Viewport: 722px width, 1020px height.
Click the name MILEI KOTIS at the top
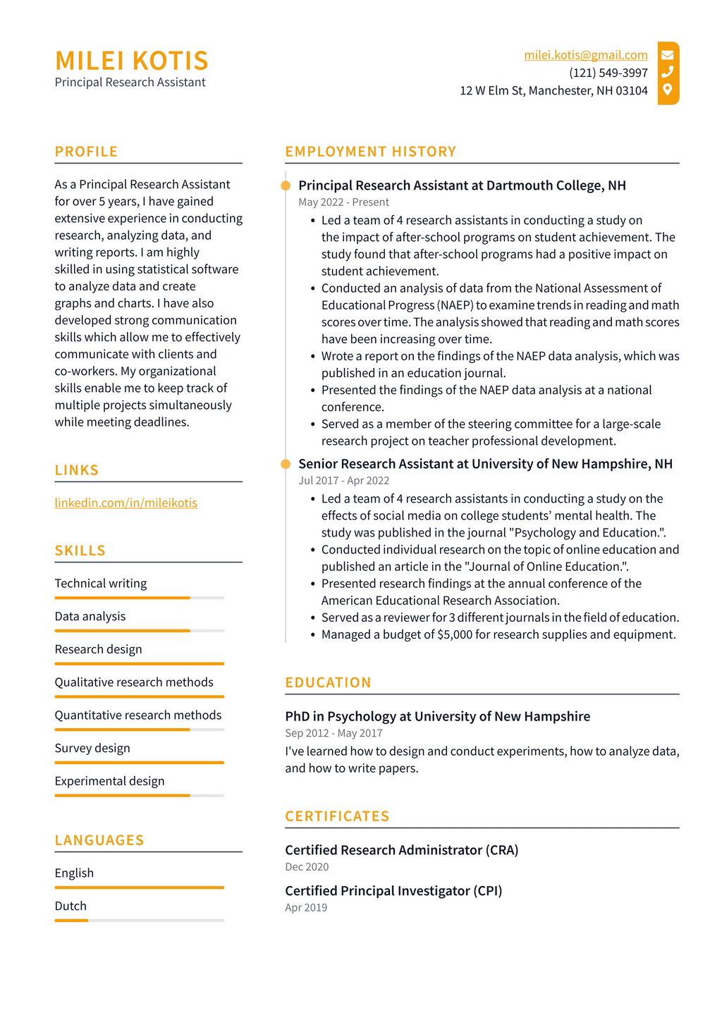pos(131,61)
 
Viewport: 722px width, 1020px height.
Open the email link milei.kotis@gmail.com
pos(585,55)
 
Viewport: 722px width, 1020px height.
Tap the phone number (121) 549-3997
pos(608,73)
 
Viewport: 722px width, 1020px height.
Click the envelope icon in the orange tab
pos(667,54)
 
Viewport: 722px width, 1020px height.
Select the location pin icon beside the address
pos(667,90)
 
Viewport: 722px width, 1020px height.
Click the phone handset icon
pos(667,72)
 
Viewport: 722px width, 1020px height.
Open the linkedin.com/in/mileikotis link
pos(126,503)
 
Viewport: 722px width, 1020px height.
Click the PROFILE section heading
pos(86,152)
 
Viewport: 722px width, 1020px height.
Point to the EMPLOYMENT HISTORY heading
pos(370,152)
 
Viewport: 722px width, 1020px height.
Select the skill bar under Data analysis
pos(139,631)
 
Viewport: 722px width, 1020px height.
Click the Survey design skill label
pos(92,748)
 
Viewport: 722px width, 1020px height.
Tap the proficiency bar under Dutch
pos(139,921)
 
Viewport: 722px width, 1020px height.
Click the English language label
pos(74,873)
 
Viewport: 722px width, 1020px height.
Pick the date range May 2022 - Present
pos(343,202)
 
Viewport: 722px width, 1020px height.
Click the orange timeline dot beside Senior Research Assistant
pos(286,464)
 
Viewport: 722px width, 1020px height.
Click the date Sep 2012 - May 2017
pos(334,733)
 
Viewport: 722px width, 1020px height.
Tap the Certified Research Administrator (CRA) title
pos(401,850)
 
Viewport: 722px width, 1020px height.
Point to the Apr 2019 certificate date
pos(306,908)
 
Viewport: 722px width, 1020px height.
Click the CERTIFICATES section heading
pos(337,816)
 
